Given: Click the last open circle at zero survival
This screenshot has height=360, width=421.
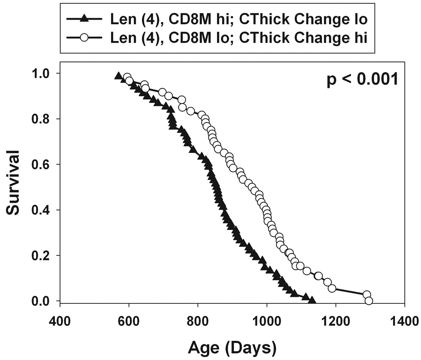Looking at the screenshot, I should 369,301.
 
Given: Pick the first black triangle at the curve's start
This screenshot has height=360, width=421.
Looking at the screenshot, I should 118,75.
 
